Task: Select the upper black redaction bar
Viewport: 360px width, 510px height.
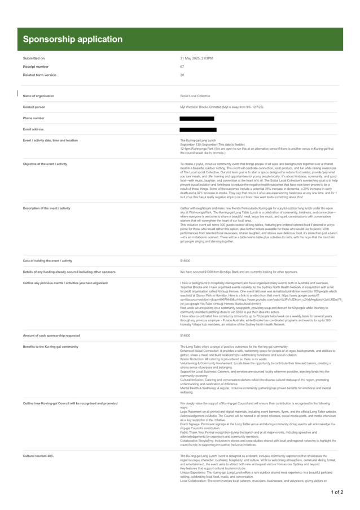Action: (x=197, y=118)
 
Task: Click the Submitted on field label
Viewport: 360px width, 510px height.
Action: (x=33, y=58)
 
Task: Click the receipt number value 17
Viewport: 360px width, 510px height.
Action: (x=182, y=67)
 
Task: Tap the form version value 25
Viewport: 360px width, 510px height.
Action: (x=182, y=75)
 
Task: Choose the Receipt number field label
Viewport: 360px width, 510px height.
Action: (x=33, y=67)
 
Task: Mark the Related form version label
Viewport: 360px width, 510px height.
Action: (x=37, y=75)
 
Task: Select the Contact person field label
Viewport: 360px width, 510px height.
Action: (x=34, y=107)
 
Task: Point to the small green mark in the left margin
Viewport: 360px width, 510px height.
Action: (x=19, y=93)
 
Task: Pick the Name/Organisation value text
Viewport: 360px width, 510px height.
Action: (x=195, y=96)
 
